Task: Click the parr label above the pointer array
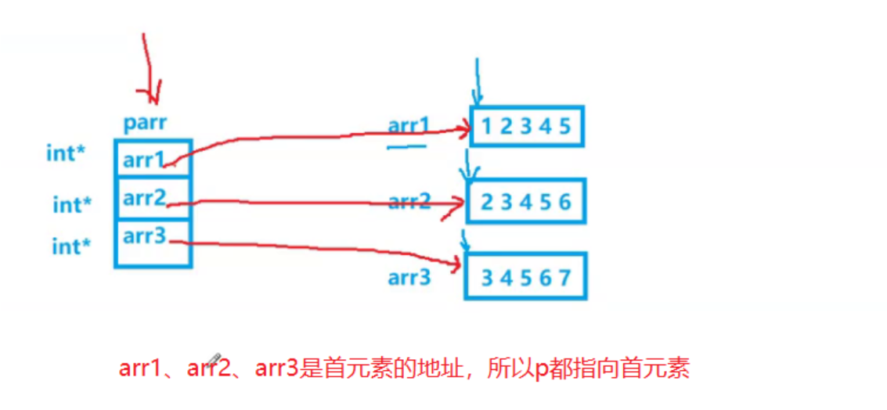pos(146,124)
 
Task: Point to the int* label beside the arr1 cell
pos(66,153)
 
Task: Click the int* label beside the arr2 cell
pos(72,205)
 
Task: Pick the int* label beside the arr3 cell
pos(71,246)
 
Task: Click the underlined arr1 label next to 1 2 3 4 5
pos(409,127)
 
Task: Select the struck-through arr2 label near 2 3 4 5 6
pos(409,202)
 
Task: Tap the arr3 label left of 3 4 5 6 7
pos(409,277)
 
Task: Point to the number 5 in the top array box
pos(565,127)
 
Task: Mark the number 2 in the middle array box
pos(487,202)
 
